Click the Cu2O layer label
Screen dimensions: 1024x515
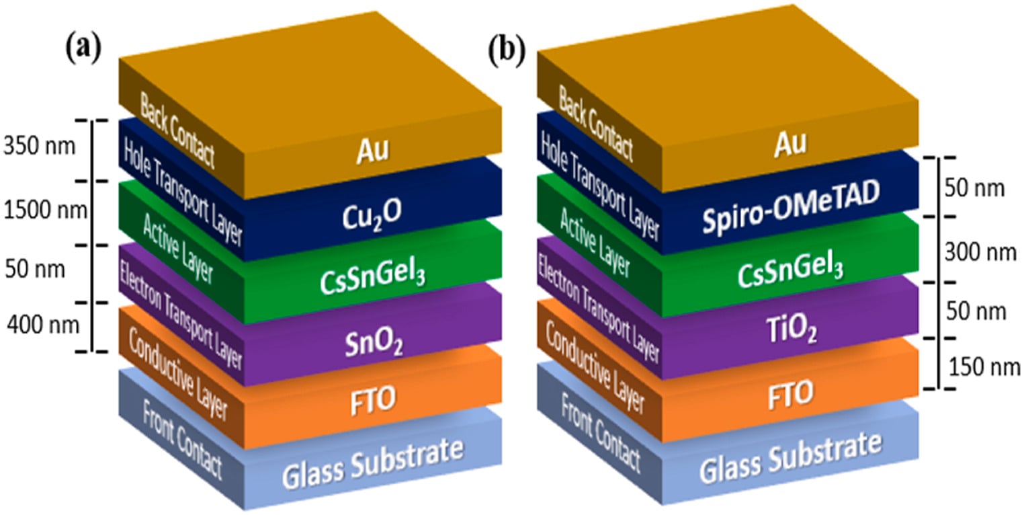tap(372, 215)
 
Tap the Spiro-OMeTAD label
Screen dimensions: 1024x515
tap(791, 206)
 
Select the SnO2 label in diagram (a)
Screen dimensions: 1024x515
tap(374, 344)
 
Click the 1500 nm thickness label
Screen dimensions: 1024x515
tap(45, 210)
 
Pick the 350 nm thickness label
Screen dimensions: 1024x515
tap(40, 147)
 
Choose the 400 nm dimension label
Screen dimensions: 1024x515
tap(43, 325)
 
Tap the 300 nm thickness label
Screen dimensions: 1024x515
tap(980, 252)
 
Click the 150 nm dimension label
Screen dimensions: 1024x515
tap(984, 367)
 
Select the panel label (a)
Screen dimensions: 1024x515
tap(83, 49)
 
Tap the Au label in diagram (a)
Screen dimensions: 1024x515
tap(372, 150)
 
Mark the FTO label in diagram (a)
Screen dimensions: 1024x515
tap(373, 400)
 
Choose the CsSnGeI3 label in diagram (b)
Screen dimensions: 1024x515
tap(790, 270)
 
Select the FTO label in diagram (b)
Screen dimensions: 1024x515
tap(791, 394)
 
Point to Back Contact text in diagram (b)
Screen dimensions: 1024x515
tap(596, 124)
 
